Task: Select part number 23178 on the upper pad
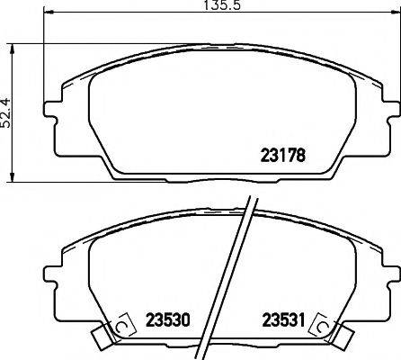284,154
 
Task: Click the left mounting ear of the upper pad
52,112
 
